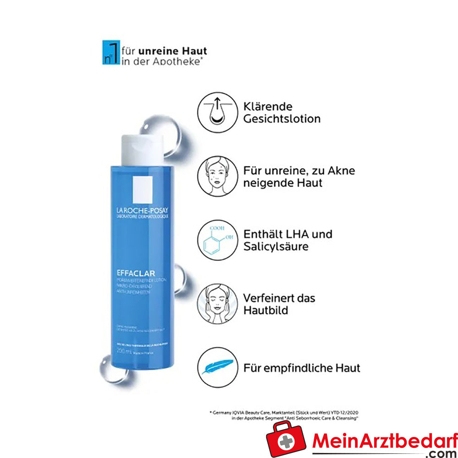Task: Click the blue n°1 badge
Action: (x=110, y=53)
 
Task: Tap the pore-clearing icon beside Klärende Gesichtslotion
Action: (x=217, y=112)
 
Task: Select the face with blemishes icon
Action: (x=217, y=176)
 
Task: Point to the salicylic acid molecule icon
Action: (x=217, y=240)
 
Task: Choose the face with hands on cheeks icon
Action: (x=217, y=304)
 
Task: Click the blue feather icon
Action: (x=217, y=367)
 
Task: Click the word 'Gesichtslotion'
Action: (x=282, y=119)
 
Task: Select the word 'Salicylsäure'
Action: (x=276, y=247)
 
